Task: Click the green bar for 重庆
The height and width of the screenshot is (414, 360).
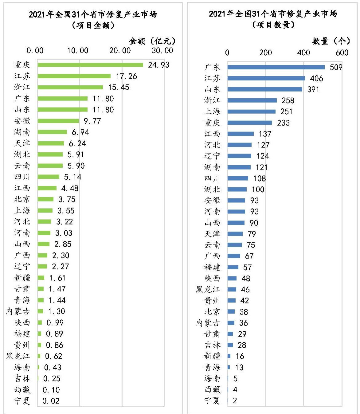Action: click(90, 65)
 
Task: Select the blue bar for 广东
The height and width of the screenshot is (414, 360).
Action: click(276, 67)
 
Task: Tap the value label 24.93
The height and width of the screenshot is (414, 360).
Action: click(159, 65)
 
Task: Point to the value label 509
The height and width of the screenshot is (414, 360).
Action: click(336, 67)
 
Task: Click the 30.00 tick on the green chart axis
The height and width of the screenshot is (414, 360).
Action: click(162, 51)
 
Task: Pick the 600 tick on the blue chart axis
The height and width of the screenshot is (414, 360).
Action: click(342, 53)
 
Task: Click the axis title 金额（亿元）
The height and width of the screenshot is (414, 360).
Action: click(152, 41)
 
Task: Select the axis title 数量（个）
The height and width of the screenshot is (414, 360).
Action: click(331, 41)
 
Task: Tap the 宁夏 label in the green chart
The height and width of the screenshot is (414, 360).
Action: click(22, 401)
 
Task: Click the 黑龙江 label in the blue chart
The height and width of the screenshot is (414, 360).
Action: click(208, 289)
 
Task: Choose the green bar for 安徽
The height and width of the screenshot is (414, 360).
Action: click(58, 121)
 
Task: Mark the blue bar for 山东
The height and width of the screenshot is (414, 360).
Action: click(265, 89)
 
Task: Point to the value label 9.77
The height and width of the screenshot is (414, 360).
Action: click(92, 121)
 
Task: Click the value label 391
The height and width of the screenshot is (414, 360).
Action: click(313, 89)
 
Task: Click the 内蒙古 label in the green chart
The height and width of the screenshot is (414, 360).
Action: click(18, 311)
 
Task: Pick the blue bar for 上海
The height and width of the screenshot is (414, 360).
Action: click(252, 112)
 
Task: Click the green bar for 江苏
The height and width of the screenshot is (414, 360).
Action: click(74, 76)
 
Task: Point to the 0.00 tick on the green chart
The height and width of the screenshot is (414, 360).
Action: click(35, 51)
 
